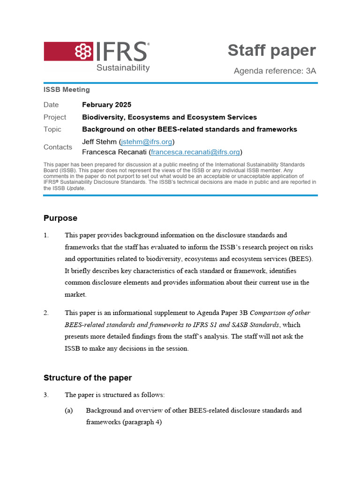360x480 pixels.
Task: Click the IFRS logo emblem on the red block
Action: pyautogui.click(x=84, y=52)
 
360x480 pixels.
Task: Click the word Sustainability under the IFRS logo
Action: pyautogui.click(x=123, y=68)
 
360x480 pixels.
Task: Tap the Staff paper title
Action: pyautogui.click(x=271, y=51)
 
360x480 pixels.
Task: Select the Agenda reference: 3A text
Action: pyautogui.click(x=275, y=71)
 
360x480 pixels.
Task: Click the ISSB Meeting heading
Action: pyautogui.click(x=67, y=90)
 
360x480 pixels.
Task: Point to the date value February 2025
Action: pyautogui.click(x=106, y=105)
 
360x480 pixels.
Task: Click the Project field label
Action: pyautogui.click(x=55, y=117)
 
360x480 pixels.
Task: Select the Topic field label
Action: pyautogui.click(x=52, y=129)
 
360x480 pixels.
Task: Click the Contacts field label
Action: pyautogui.click(x=58, y=147)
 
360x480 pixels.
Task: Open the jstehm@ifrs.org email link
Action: pyautogui.click(x=146, y=142)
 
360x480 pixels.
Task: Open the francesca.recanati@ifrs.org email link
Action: pyautogui.click(x=195, y=152)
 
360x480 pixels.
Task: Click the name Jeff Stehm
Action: pyautogui.click(x=99, y=142)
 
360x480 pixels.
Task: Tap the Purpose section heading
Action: pyautogui.click(x=60, y=218)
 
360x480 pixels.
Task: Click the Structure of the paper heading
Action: pyautogui.click(x=88, y=378)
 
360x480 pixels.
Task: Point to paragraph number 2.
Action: pyautogui.click(x=46, y=313)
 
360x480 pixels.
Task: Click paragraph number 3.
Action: pyautogui.click(x=46, y=395)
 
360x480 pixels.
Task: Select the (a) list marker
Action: pyautogui.click(x=69, y=410)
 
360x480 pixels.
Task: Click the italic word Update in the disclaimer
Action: pyautogui.click(x=75, y=188)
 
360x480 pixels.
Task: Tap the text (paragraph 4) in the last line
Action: pyautogui.click(x=142, y=422)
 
